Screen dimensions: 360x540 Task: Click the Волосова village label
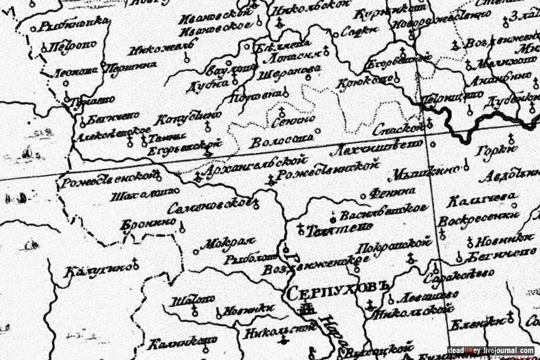(x=281, y=140)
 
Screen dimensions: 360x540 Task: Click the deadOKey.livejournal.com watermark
(x=491, y=351)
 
